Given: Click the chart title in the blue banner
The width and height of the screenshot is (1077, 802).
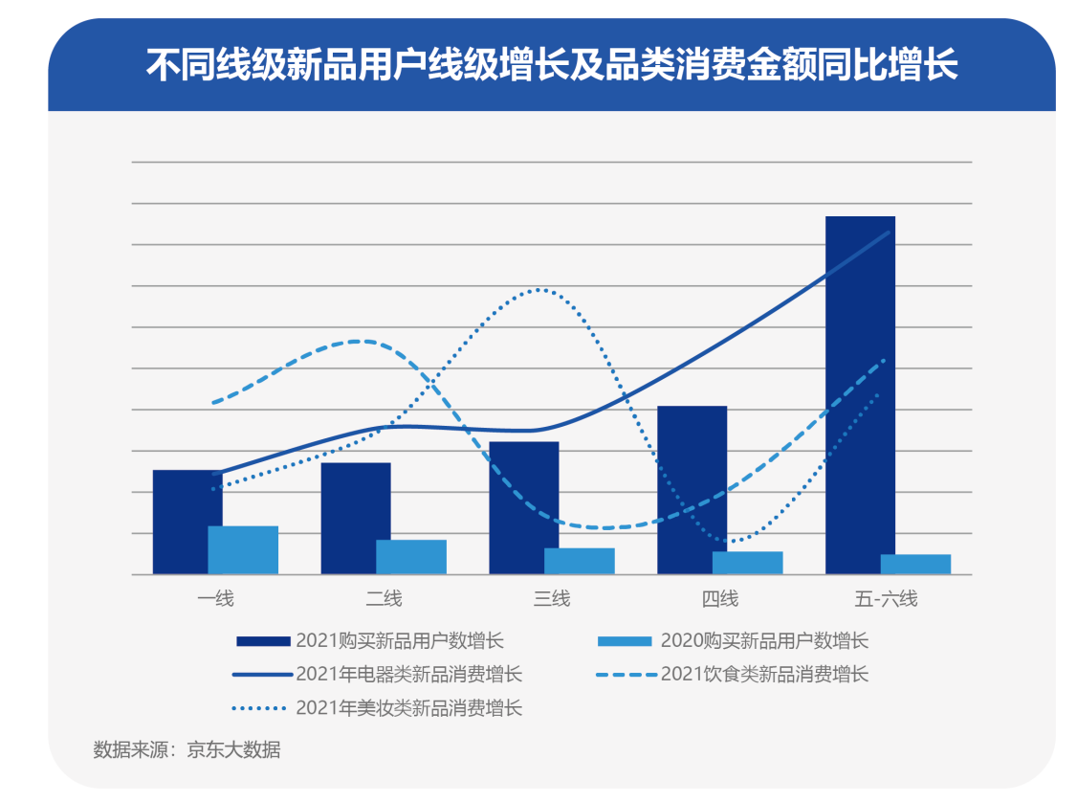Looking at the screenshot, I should pyautogui.click(x=552, y=66).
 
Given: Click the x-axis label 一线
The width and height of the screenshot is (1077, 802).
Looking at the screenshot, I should pyautogui.click(x=215, y=600).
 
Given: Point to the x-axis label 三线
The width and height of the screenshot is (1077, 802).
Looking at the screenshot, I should pyautogui.click(x=552, y=600).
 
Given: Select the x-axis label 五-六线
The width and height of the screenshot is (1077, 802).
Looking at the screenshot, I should pyautogui.click(x=887, y=600).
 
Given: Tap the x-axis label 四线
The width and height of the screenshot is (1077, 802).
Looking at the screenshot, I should pyautogui.click(x=719, y=600).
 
